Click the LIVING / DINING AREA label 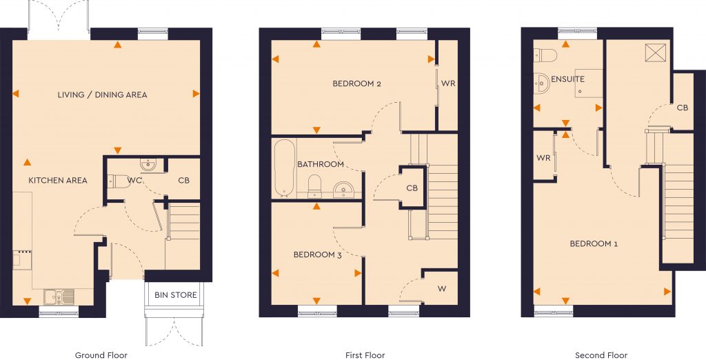click(102, 94)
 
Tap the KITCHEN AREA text click(58, 181)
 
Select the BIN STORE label click(175, 295)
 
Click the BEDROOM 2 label click(357, 84)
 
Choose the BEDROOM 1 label click(594, 244)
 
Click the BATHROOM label click(321, 165)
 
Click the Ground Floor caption click(101, 356)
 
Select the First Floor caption click(365, 356)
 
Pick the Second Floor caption click(601, 356)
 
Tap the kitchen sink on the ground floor click(59, 297)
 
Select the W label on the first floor click(441, 288)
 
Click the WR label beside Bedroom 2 click(448, 84)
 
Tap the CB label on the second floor click(682, 108)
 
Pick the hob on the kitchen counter click(20, 258)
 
